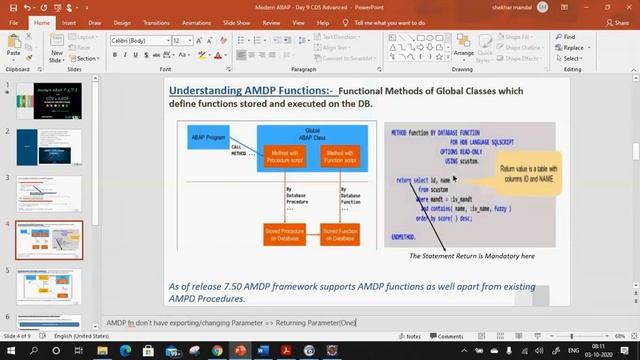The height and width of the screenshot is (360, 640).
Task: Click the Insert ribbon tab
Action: click(69, 21)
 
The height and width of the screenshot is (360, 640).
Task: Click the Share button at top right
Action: click(617, 21)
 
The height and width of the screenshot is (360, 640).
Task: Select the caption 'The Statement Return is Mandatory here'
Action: click(472, 256)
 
